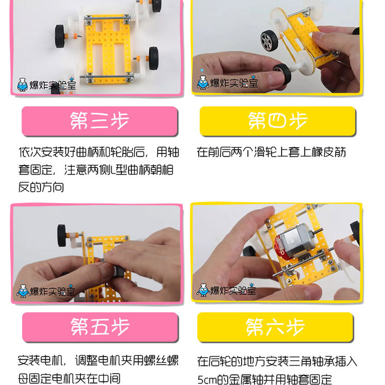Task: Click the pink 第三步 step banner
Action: [x=100, y=121]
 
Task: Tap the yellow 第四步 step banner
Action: [x=277, y=121]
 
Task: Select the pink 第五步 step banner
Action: [x=100, y=327]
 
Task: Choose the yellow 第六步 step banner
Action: [x=275, y=327]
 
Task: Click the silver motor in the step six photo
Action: [x=296, y=242]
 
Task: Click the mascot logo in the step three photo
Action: [x=22, y=85]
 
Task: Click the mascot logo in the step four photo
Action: [x=203, y=82]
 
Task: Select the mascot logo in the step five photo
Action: [x=23, y=291]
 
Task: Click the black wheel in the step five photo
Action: [x=62, y=235]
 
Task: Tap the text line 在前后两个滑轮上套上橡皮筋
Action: [x=271, y=152]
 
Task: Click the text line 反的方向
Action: [x=41, y=187]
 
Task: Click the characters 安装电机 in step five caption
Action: [x=40, y=361]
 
